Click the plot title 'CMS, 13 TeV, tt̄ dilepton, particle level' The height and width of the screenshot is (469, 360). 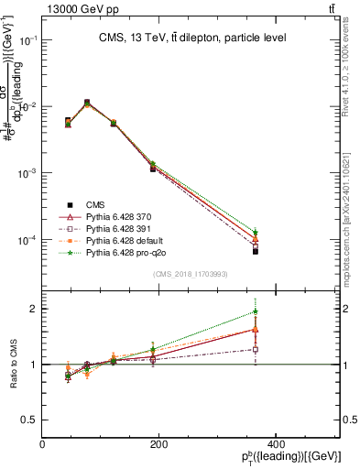[191, 38]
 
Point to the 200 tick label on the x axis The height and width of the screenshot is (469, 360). [158, 444]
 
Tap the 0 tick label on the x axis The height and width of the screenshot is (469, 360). [43, 444]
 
